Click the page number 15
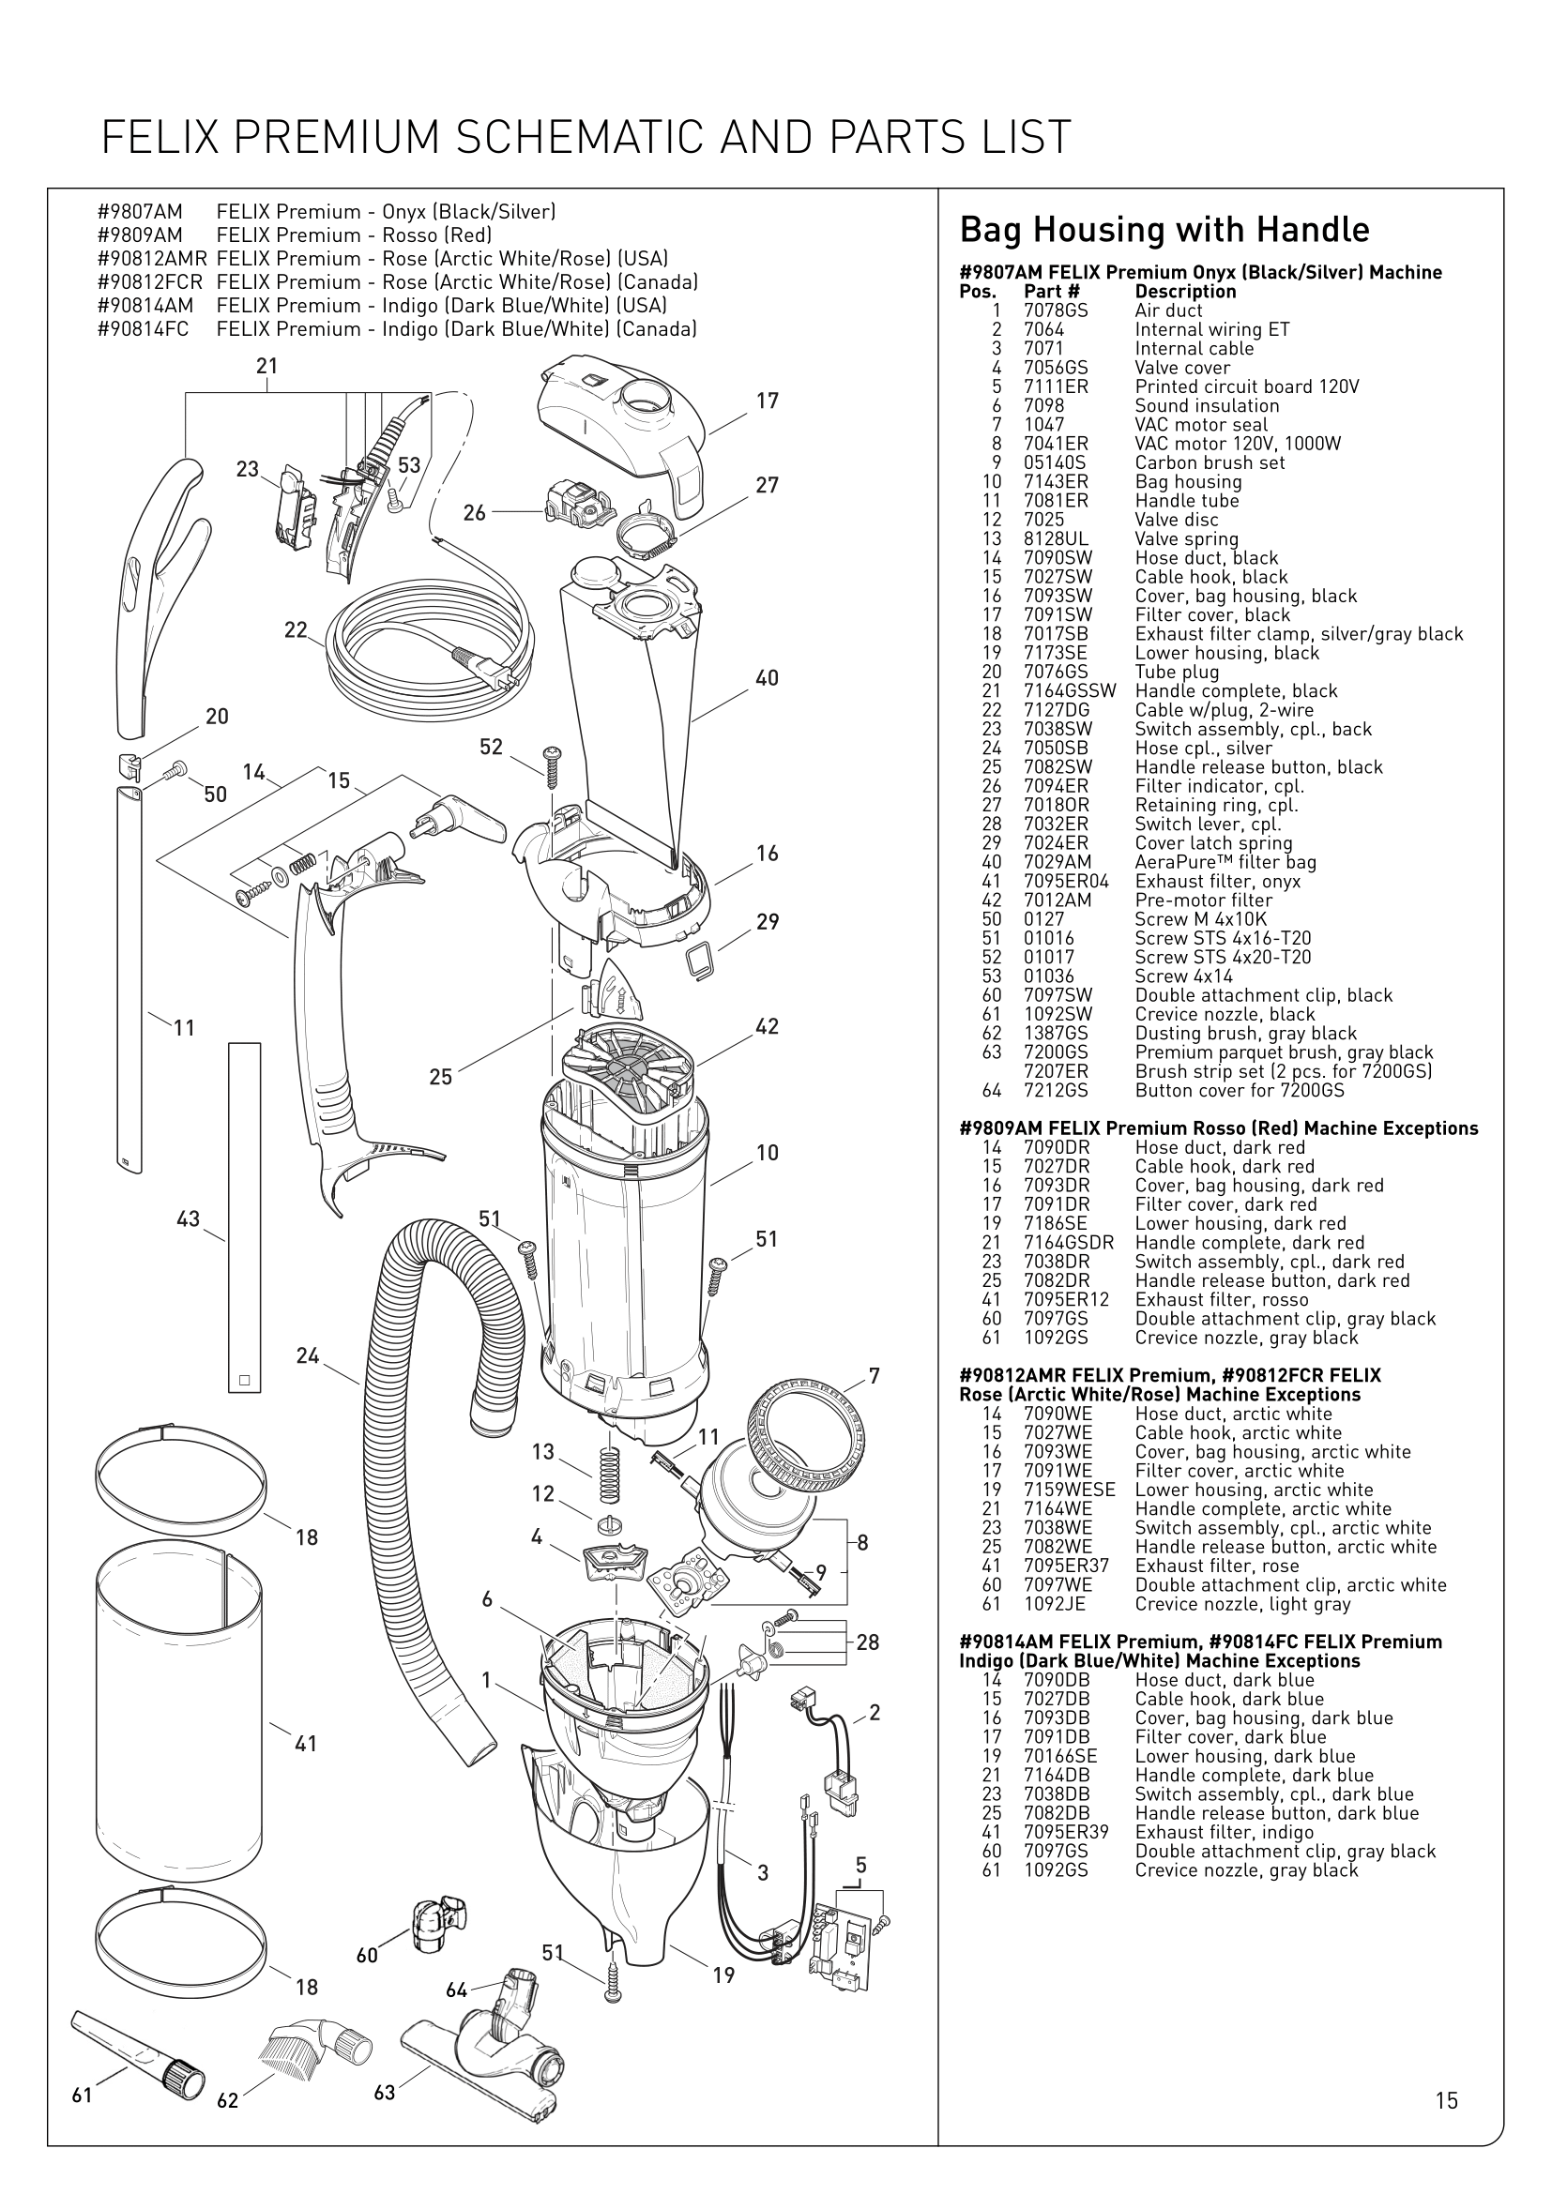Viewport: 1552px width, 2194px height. [x=1446, y=2099]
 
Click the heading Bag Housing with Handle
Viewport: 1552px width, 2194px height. [x=1164, y=231]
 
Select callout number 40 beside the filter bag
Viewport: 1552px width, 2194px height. [x=767, y=678]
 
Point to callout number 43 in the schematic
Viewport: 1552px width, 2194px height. [x=189, y=1218]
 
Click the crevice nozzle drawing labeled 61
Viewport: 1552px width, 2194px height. [x=139, y=2054]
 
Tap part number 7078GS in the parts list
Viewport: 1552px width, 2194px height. [x=1055, y=310]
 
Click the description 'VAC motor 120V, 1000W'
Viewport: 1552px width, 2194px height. [x=1238, y=444]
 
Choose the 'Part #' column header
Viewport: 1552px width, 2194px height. [x=1051, y=292]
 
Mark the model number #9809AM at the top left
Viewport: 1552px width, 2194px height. [x=140, y=235]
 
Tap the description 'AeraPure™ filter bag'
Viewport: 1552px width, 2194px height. [x=1225, y=862]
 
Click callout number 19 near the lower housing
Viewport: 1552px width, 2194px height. [x=723, y=1975]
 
